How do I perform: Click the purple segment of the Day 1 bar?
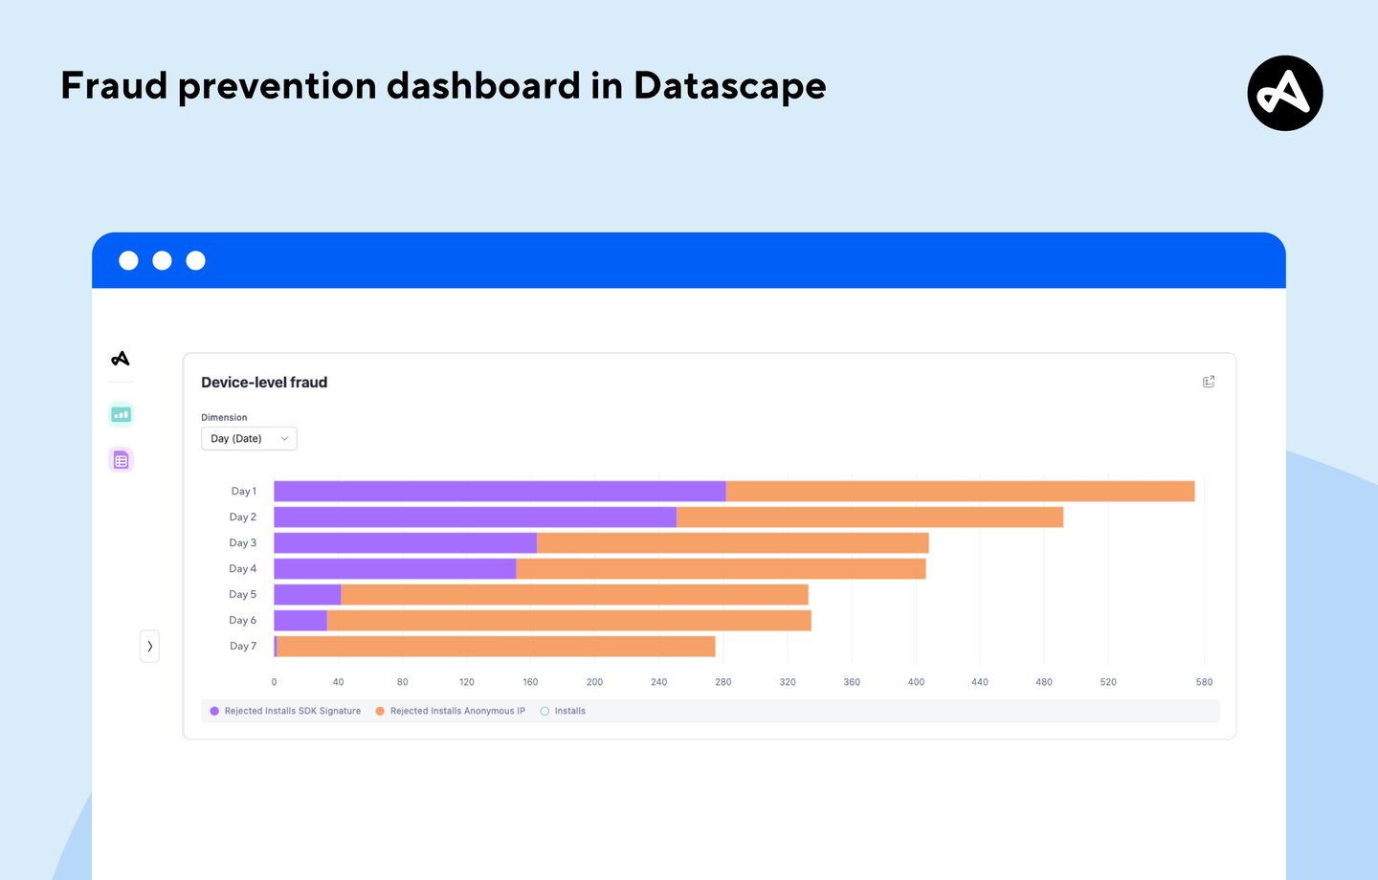500,492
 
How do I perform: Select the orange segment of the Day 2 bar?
870,517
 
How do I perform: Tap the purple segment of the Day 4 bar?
394,569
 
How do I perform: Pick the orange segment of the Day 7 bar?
496,647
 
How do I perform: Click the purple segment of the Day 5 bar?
307,595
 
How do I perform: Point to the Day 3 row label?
243,543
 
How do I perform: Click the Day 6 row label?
243,621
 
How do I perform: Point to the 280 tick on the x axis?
722,682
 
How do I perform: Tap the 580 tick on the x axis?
1204,682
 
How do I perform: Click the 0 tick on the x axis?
275,682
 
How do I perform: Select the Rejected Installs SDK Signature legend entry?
285,711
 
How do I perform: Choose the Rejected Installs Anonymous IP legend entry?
451,711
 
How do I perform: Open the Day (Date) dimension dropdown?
249,439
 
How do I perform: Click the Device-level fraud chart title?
264,383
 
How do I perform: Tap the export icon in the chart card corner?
1209,382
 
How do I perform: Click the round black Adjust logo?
1284,93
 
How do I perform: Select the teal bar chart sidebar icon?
121,415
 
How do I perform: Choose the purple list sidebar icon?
121,460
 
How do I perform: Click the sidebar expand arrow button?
149,647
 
